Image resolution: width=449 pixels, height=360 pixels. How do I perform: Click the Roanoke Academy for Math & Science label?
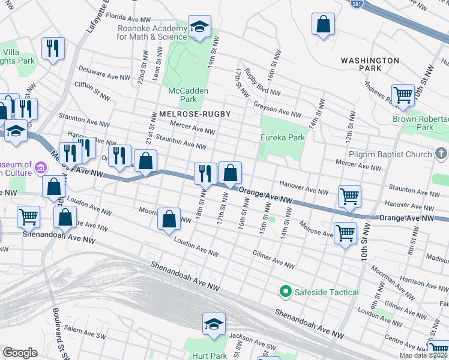click(x=151, y=32)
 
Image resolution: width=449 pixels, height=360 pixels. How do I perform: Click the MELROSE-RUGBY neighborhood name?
click(x=194, y=113)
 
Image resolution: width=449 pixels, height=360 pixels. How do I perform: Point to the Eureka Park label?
click(x=282, y=137)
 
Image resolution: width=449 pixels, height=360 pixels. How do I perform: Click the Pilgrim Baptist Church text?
click(x=393, y=154)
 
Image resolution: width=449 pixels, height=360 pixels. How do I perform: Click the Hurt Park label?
click(x=209, y=355)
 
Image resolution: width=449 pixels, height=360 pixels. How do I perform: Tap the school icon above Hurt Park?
click(x=214, y=324)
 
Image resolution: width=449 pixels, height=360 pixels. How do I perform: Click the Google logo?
click(x=20, y=353)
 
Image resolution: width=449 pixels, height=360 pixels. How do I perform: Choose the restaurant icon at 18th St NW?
click(x=205, y=173)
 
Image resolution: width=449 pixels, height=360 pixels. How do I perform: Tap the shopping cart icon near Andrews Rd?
click(x=403, y=94)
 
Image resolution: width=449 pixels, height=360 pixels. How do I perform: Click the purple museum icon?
click(x=41, y=166)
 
